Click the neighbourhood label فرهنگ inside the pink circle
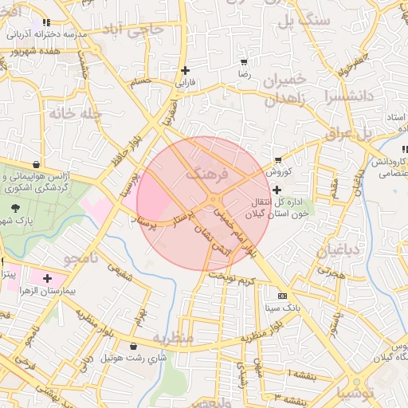coord(206,172)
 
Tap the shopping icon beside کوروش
coord(278,160)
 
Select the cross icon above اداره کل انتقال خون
coord(277,190)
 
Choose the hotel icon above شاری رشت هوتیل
coord(131,346)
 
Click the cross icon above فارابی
coord(185,70)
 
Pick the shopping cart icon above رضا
coord(243,62)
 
